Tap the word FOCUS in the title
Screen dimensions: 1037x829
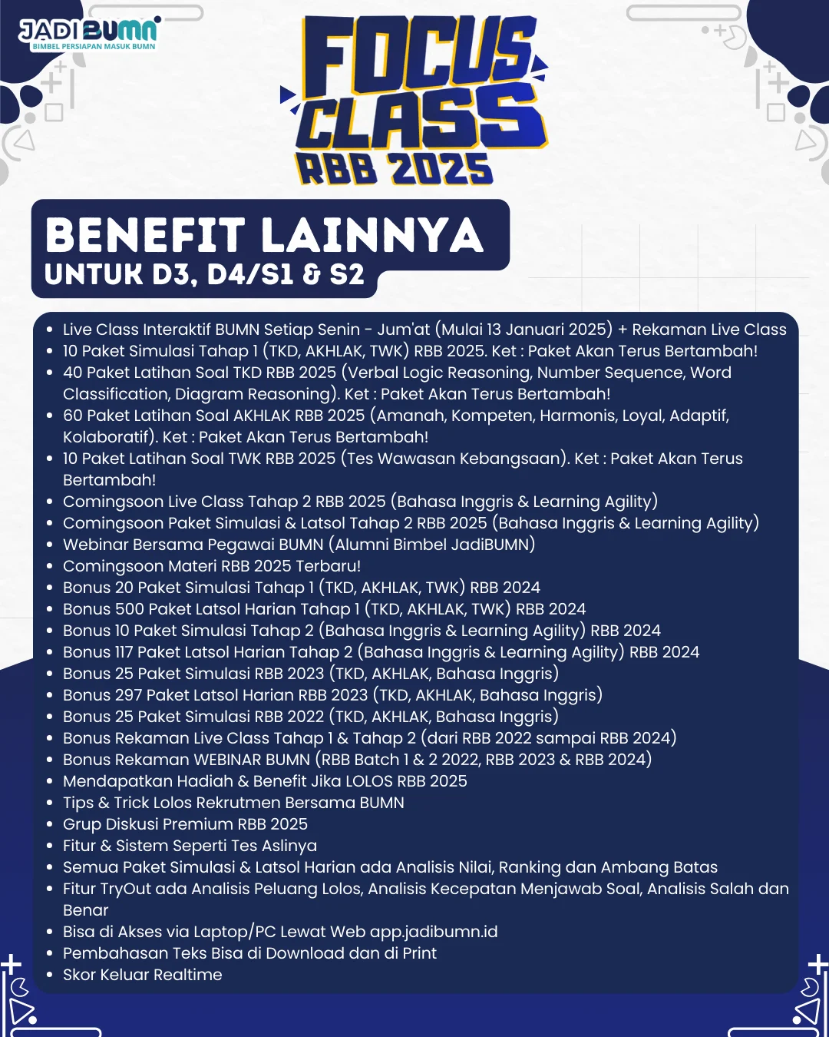(418, 54)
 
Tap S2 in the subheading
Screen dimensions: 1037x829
(346, 274)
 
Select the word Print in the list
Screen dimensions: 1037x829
(419, 953)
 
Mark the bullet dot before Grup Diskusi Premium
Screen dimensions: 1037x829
(50, 824)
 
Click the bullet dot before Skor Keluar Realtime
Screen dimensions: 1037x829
(50, 975)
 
